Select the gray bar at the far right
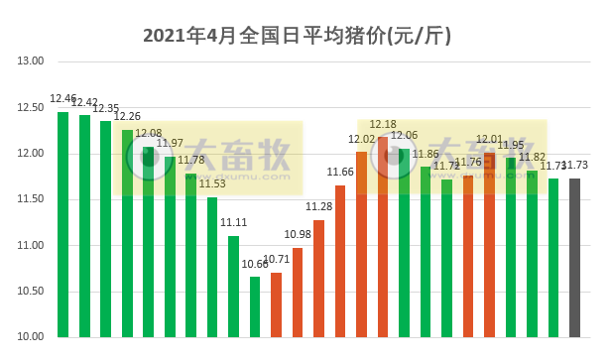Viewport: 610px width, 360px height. [575, 258]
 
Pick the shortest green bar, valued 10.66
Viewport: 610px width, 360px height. [255, 306]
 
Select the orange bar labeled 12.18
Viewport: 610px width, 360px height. [383, 237]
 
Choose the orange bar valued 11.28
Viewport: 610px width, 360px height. [318, 278]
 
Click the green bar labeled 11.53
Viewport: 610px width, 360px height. [212, 267]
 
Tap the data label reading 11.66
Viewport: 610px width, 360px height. [340, 172]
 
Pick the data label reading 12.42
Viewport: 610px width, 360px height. [84, 102]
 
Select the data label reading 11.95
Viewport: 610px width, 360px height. [511, 145]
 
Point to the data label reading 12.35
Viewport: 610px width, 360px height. [106, 108]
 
